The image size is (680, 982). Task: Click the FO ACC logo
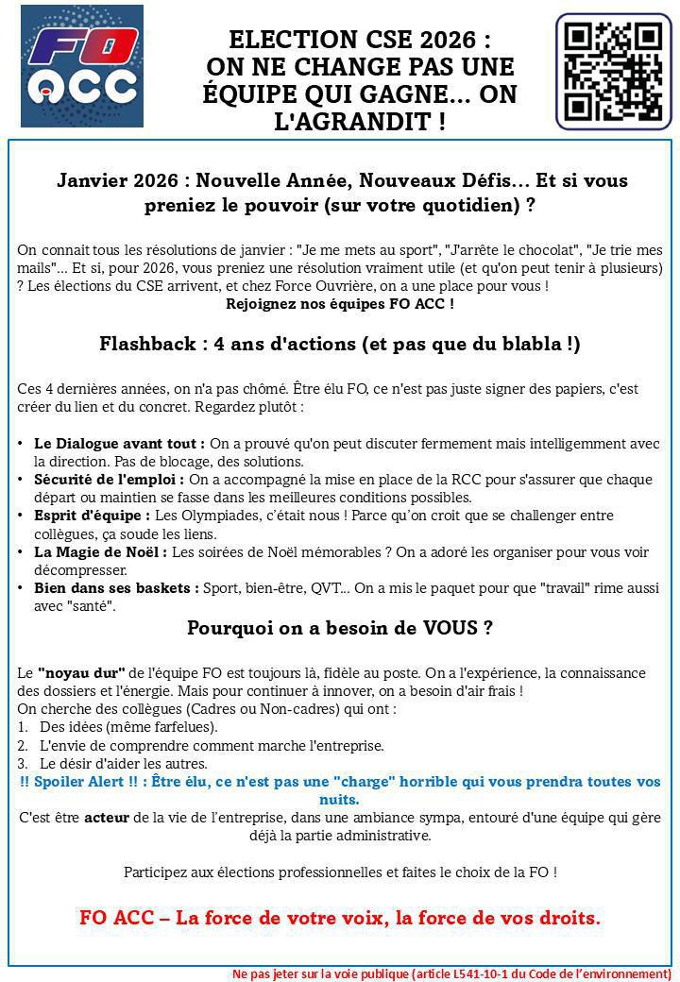82,66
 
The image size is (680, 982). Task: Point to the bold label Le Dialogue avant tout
119,443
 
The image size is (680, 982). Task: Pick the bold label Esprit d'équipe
92,516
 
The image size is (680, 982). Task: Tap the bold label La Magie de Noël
100,552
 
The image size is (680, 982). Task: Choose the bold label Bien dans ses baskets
116,588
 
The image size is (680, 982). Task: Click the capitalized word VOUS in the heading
445,628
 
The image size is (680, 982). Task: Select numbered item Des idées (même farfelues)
128,727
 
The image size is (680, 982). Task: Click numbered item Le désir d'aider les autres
124,763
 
